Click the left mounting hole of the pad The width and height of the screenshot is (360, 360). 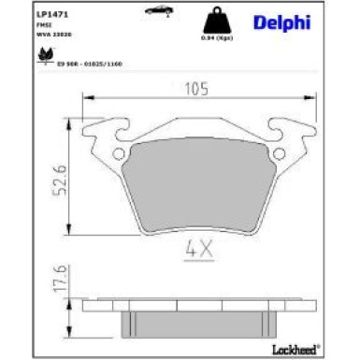coord(118,154)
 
